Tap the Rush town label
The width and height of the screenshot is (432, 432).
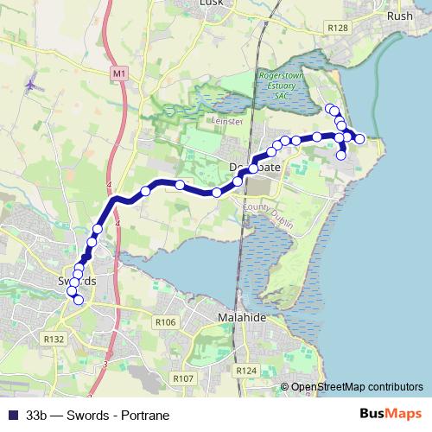tap(401, 16)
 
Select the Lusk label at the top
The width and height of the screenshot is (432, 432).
tap(211, 3)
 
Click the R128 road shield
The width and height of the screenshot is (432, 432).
tap(338, 29)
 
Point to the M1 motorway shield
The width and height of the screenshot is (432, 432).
tap(119, 74)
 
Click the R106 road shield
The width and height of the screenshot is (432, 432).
tap(166, 322)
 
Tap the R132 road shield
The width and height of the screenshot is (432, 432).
tap(54, 340)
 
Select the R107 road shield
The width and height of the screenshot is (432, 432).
tap(182, 378)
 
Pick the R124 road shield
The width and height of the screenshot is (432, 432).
tap(246, 370)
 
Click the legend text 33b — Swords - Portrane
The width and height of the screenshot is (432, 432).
tap(98, 415)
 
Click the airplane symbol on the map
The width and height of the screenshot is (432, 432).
tap(33, 86)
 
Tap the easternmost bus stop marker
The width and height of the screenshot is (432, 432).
tap(360, 138)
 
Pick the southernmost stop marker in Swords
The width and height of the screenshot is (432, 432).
tap(79, 301)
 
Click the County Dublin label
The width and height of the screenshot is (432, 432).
tap(270, 215)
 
